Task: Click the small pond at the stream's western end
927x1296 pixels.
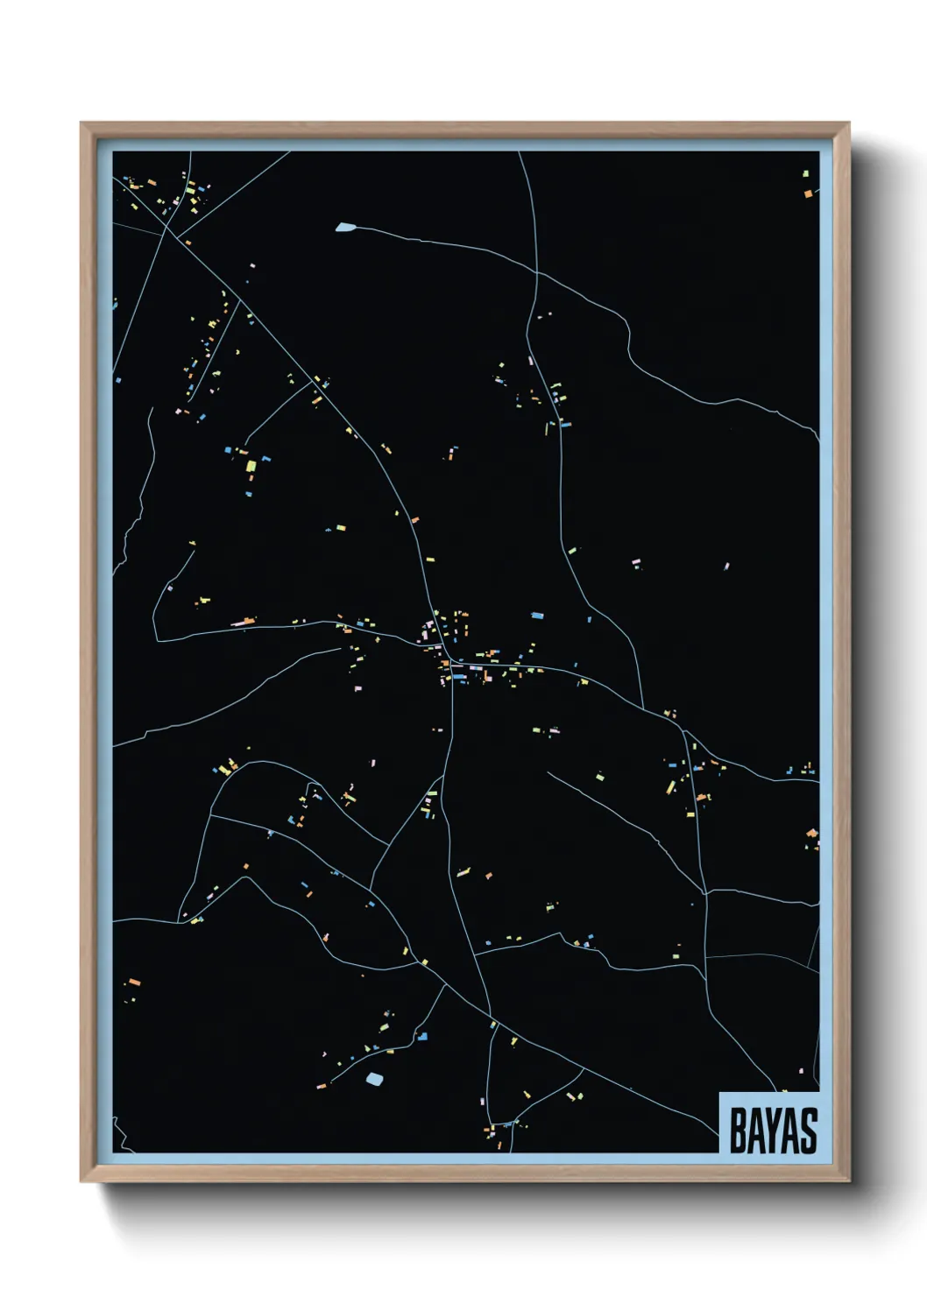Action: tap(345, 228)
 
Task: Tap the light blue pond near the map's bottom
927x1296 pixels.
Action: tap(374, 1078)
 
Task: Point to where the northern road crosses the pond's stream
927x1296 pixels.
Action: tap(536, 272)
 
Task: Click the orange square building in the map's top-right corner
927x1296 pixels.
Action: tap(808, 194)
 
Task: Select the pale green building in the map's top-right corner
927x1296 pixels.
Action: tap(806, 174)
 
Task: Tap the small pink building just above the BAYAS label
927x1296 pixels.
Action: tap(803, 1069)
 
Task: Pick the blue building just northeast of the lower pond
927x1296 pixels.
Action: tap(423, 1037)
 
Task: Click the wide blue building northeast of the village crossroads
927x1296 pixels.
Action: tap(537, 616)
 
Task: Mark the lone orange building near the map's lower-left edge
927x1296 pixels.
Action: tap(134, 982)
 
